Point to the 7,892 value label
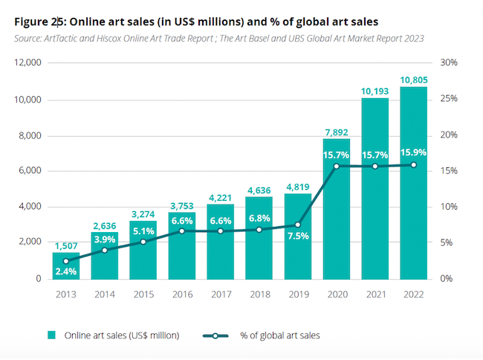click(x=337, y=132)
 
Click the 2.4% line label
click(x=66, y=271)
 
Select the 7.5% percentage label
click(x=297, y=237)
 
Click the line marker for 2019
click(x=297, y=225)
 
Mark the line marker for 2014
click(x=105, y=251)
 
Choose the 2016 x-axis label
click(x=182, y=294)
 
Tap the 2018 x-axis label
click(x=259, y=294)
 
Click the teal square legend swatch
click(x=53, y=335)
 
